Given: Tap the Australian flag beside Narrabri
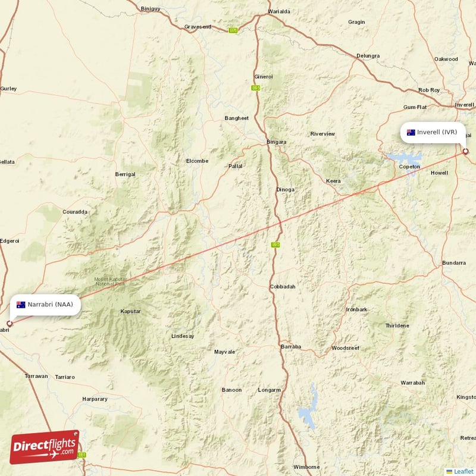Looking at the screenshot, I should point(21,305).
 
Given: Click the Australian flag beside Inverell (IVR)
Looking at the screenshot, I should point(411,132).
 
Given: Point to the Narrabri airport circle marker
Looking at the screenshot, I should point(9,324).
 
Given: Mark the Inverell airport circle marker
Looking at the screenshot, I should point(466,151).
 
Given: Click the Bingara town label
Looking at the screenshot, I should point(276,142).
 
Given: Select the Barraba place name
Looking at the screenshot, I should point(291,346).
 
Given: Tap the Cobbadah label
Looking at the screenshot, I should point(283,286).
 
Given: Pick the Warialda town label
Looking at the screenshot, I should point(279,11).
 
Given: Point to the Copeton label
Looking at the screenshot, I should point(409,167).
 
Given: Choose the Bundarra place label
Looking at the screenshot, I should point(454,262).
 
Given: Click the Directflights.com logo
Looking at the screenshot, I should point(45,446).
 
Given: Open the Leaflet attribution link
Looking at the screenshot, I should point(464,471).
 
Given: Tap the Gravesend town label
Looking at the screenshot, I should point(198,27).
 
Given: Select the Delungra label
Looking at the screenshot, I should point(368,56).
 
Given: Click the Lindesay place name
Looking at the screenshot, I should point(183,336).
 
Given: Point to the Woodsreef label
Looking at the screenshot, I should point(346,347).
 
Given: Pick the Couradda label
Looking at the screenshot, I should point(75,211).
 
